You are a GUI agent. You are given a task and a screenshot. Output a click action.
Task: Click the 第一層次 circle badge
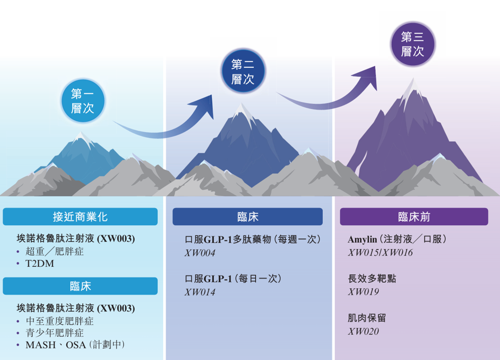tap(82, 101)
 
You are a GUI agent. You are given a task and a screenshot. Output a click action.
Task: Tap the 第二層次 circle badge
tap(243, 72)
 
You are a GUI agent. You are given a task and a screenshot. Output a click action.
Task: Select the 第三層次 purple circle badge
tap(413, 44)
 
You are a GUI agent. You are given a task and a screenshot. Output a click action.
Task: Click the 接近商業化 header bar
tap(80, 217)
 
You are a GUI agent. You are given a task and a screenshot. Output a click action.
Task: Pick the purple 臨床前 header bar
tap(414, 217)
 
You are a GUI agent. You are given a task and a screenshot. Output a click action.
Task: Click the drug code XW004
tap(200, 253)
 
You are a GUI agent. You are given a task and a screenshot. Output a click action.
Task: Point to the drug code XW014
tap(200, 293)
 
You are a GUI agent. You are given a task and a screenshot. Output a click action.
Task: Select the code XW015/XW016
tap(380, 253)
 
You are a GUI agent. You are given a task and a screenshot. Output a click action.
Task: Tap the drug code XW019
tap(364, 292)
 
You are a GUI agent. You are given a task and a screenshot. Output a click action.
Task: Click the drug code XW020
tap(364, 331)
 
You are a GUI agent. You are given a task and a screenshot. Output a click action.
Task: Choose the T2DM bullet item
tap(40, 264)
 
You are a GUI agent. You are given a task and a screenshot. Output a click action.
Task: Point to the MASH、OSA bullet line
tap(75, 345)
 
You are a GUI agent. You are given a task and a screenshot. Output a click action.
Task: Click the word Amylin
tap(362, 239)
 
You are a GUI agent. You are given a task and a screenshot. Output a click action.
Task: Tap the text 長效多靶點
tap(372, 279)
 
